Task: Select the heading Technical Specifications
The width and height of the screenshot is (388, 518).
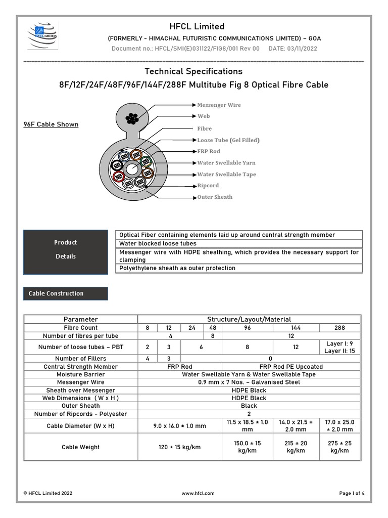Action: (193, 71)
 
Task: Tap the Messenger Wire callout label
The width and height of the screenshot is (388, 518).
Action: (219, 105)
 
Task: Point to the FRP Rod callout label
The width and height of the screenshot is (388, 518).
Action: (209, 151)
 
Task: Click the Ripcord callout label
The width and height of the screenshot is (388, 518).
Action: (208, 186)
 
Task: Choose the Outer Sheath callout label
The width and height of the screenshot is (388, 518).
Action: (215, 197)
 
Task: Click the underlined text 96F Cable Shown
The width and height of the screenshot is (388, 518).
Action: (51, 124)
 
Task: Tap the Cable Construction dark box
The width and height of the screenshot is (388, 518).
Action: (66, 293)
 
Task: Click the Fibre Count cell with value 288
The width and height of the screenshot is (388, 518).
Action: (339, 328)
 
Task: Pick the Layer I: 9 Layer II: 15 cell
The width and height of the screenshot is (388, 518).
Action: (339, 347)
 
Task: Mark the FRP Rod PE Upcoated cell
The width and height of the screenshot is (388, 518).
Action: (292, 367)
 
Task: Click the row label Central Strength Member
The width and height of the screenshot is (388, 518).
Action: (81, 367)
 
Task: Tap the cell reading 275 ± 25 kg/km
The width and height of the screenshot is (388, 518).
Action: (339, 447)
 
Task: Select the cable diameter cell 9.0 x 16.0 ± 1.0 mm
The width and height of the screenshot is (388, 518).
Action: (180, 426)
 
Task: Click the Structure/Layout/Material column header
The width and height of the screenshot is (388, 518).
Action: (249, 319)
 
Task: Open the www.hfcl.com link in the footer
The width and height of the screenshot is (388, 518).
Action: (198, 493)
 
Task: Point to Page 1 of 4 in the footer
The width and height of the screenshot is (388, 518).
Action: (352, 493)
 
